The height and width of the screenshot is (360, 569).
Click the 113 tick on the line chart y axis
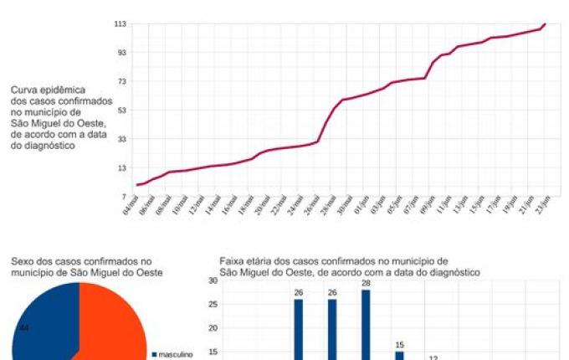point(120,24)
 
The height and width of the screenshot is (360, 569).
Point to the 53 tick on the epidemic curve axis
point(121,110)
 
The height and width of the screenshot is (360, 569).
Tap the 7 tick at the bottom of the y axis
point(123,196)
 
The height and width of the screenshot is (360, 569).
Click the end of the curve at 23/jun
point(546,24)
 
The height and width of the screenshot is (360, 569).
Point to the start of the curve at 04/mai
point(137,185)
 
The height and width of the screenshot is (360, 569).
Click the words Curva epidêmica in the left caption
point(48,89)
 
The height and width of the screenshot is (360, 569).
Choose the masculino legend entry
point(175,354)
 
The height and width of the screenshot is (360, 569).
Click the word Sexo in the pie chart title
point(23,261)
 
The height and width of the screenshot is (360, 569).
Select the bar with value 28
point(366,327)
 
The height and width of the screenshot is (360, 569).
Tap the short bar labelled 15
point(399,355)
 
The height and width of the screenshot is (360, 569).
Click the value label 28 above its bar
point(366,284)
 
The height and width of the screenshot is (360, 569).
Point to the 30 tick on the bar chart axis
point(213,281)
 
